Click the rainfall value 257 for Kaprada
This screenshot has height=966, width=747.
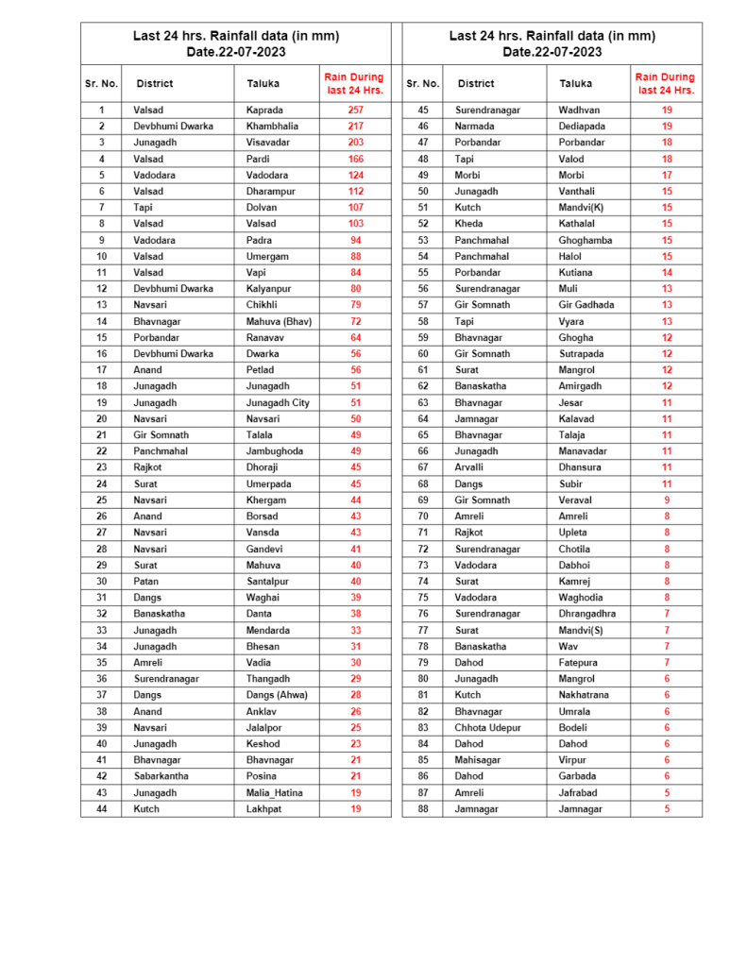355,110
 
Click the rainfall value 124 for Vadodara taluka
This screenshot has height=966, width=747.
355,175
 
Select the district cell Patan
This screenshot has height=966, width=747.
146,581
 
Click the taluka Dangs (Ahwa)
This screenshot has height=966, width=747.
277,695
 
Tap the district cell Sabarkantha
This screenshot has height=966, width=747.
161,776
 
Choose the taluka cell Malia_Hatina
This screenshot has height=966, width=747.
275,792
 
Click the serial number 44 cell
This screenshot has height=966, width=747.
101,809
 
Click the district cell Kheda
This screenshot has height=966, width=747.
468,224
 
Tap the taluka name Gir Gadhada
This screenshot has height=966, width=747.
586,305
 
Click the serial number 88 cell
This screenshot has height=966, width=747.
423,809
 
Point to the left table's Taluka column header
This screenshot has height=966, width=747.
263,83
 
